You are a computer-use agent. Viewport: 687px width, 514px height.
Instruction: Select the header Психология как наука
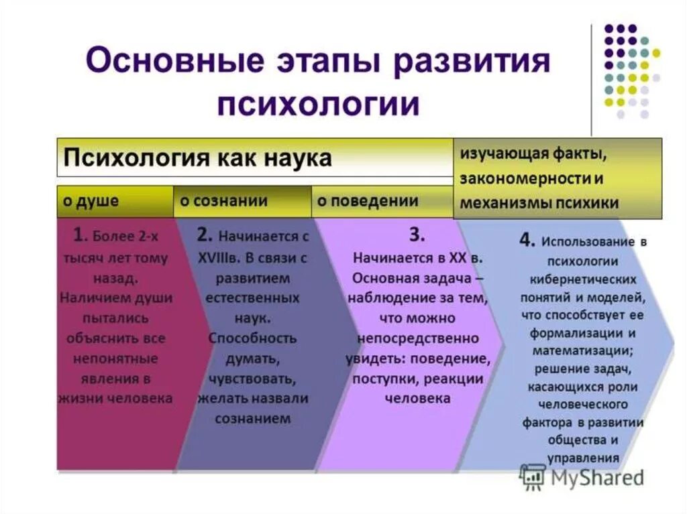pyautogui.click(x=197, y=158)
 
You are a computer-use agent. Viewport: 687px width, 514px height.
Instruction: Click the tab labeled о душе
pyautogui.click(x=91, y=201)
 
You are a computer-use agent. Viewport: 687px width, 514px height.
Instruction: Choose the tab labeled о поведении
pyautogui.click(x=367, y=201)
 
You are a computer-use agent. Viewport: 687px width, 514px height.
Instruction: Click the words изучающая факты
pyautogui.click(x=533, y=154)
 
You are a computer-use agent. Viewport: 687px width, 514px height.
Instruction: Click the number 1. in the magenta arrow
pyautogui.click(x=80, y=235)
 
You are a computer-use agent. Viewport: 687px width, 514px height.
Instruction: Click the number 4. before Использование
pyautogui.click(x=527, y=241)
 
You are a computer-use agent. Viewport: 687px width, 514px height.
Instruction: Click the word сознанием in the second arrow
pyautogui.click(x=253, y=419)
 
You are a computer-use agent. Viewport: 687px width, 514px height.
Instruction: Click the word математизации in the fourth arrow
pyautogui.click(x=582, y=350)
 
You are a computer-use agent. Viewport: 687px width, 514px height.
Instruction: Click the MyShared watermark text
pyautogui.click(x=597, y=477)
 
